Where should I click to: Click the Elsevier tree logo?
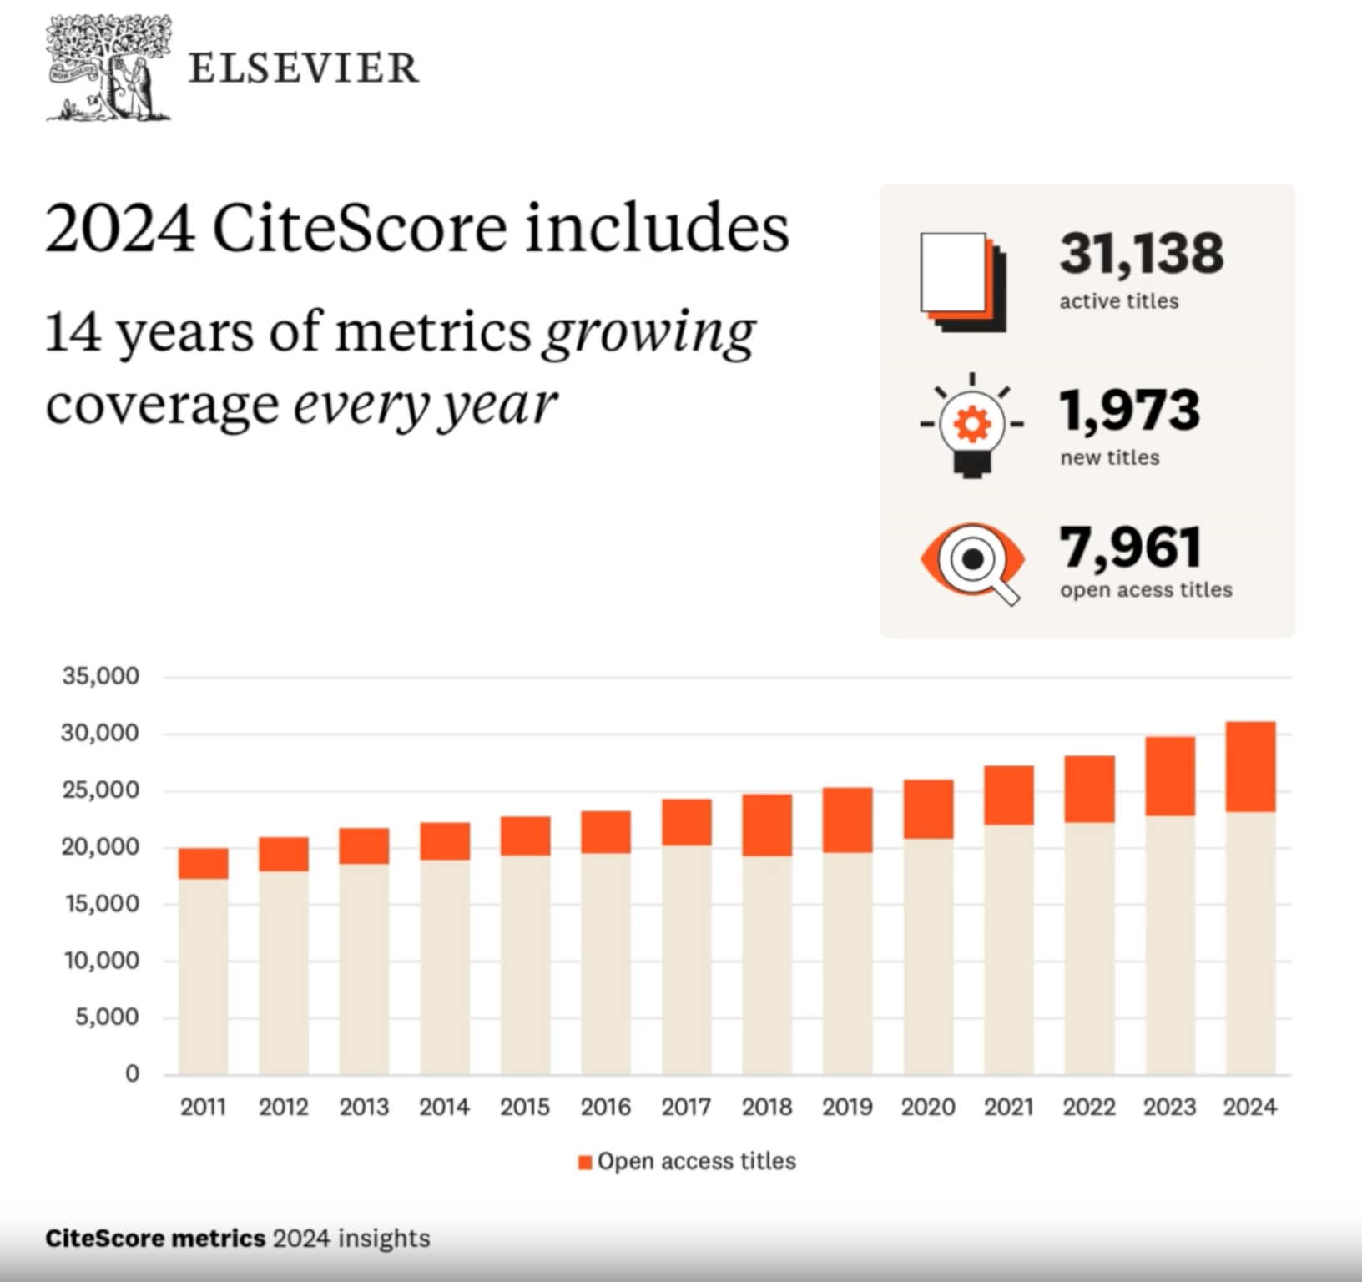coord(108,68)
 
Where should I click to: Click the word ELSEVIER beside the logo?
coord(304,68)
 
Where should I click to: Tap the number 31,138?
coord(1141,254)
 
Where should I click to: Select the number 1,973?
coord(1129,411)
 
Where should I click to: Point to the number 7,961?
coord(1131,548)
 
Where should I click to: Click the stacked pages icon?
coord(962,282)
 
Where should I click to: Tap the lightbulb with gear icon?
coord(971,426)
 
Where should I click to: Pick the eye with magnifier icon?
coord(973,561)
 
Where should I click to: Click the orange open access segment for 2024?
coord(1250,766)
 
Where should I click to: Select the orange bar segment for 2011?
coord(203,863)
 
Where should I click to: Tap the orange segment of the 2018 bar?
coord(767,825)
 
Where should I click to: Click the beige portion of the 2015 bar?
coord(525,964)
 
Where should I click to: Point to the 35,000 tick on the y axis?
coord(101,676)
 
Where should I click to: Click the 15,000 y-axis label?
coord(101,904)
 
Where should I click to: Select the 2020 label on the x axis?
coord(928,1107)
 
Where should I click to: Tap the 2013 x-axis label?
coord(364,1107)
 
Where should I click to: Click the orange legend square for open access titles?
coord(585,1162)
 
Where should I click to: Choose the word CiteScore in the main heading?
coord(360,228)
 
